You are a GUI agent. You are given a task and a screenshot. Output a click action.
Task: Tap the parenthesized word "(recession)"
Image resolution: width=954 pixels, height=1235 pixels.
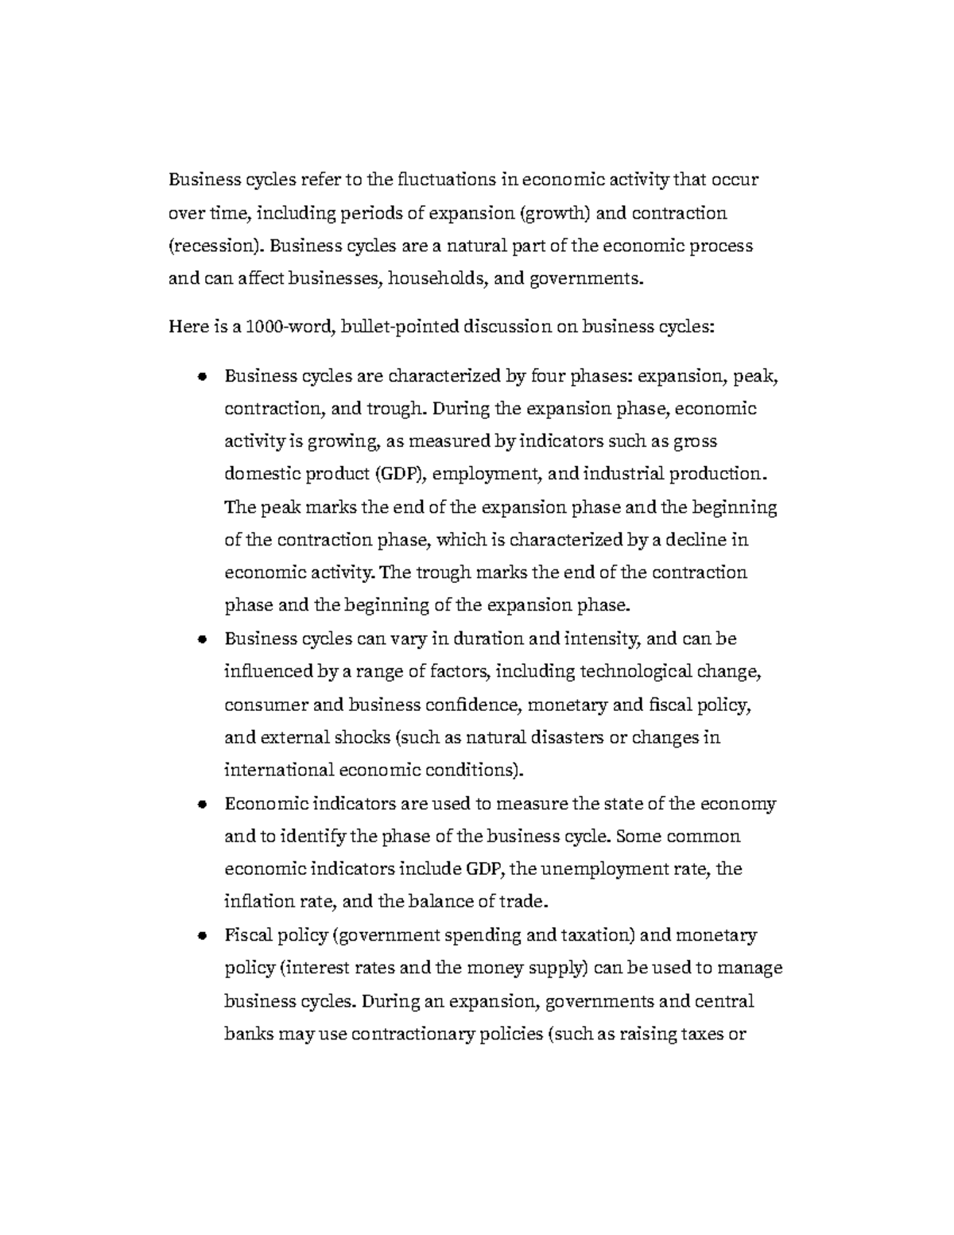click(215, 246)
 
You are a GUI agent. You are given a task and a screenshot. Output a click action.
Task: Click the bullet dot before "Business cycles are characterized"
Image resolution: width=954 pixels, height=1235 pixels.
click(203, 376)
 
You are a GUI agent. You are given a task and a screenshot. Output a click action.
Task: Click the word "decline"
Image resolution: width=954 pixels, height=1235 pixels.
click(696, 540)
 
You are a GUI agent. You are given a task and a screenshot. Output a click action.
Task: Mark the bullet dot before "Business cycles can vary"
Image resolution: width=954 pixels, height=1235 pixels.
click(203, 639)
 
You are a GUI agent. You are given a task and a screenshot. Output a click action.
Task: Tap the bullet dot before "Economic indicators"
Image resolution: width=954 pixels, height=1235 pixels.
click(203, 804)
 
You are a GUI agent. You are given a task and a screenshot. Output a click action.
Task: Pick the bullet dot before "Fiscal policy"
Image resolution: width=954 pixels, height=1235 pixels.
click(203, 935)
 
